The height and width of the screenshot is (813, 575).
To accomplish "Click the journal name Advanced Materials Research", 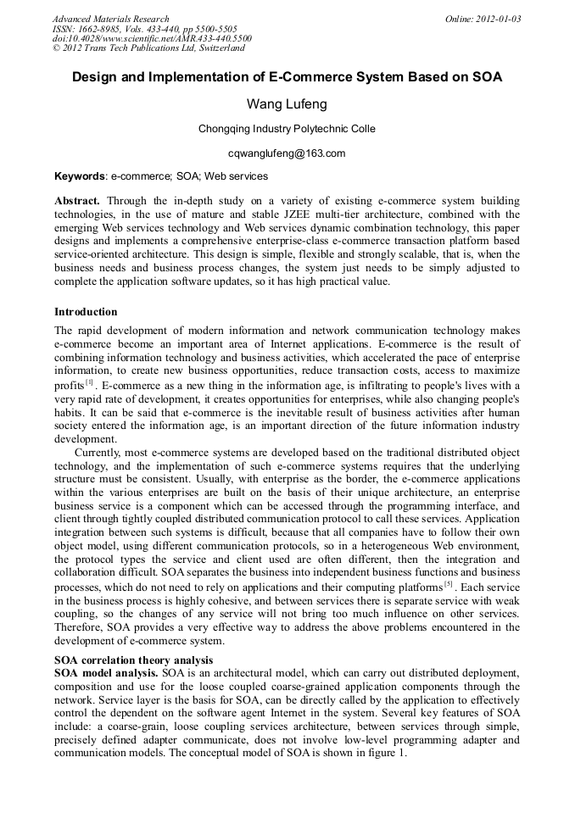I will click(x=111, y=19).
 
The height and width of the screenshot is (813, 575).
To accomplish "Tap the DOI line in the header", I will click(x=152, y=38).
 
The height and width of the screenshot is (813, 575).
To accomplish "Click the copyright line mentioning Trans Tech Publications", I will click(x=148, y=48).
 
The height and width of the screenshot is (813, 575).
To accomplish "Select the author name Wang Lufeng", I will click(x=287, y=104).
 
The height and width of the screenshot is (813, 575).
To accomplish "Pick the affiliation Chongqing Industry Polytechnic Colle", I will click(x=287, y=130).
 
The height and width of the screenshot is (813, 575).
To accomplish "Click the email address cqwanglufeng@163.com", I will click(x=287, y=153).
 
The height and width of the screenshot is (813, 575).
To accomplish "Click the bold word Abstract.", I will click(x=77, y=201).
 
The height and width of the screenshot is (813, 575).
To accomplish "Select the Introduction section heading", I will click(x=86, y=312).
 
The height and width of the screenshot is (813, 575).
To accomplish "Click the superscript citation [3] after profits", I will click(x=88, y=382).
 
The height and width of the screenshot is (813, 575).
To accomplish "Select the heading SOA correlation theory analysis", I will click(x=134, y=660).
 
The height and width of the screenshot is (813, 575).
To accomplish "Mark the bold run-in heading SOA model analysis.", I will click(x=106, y=672).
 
